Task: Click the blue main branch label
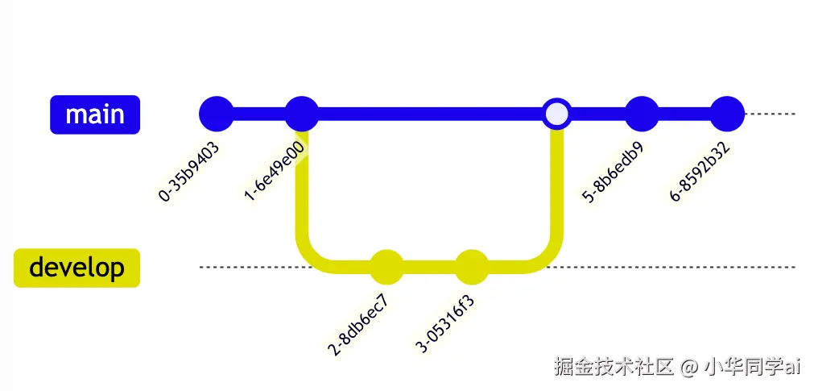point(95,114)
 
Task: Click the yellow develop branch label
point(77,268)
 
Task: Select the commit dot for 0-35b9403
point(216,114)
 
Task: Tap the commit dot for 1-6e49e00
point(302,114)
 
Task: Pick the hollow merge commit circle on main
point(556,114)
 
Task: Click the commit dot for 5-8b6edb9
point(642,114)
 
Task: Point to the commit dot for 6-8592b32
point(728,114)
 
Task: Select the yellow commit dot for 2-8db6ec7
point(386,268)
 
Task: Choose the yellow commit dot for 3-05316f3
point(472,268)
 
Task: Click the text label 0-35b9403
point(189,171)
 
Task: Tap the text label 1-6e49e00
point(275,171)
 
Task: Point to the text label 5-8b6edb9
point(613,173)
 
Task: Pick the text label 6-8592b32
point(700,173)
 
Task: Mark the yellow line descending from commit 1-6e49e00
point(304,193)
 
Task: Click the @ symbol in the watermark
point(688,368)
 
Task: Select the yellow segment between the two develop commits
point(429,268)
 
